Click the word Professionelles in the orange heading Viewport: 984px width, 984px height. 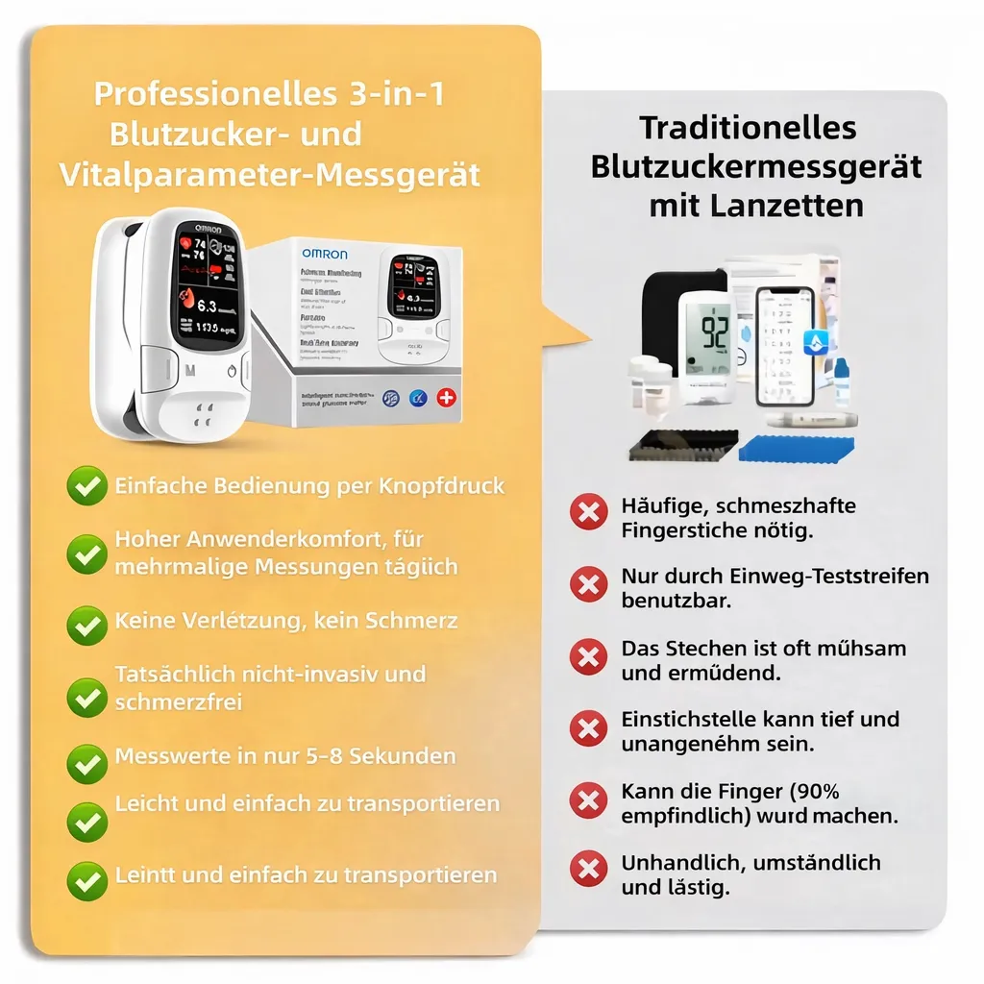213,94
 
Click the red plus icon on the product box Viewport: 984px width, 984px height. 446,397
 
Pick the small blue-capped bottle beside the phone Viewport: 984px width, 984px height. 842,381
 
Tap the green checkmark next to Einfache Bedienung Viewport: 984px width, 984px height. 86,486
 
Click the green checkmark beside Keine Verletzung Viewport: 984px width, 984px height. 86,625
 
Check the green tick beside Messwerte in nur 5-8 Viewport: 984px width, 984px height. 86,763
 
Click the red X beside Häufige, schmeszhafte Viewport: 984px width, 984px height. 588,511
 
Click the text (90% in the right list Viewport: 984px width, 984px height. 813,792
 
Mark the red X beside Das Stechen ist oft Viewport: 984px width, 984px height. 588,657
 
